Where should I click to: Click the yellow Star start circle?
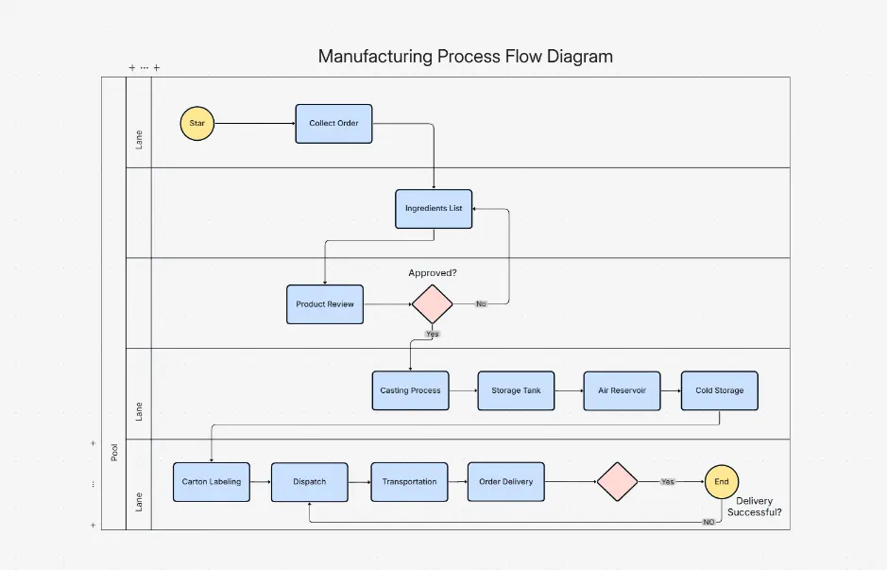(x=197, y=123)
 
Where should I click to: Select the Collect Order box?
(x=333, y=124)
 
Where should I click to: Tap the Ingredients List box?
(x=434, y=208)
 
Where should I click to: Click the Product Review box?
(x=325, y=304)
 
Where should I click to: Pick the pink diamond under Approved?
(x=433, y=304)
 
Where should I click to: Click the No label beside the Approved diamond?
(x=481, y=304)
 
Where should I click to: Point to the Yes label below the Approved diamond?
(x=433, y=334)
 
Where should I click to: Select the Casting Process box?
(x=410, y=390)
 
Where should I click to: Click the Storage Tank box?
(x=516, y=390)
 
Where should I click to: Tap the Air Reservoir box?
(x=622, y=390)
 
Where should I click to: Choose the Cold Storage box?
(x=719, y=390)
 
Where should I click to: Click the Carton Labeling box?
(x=212, y=481)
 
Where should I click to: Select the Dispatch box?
(x=309, y=481)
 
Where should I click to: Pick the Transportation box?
(x=409, y=481)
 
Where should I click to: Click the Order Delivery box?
(x=505, y=481)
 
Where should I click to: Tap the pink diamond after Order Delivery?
(x=618, y=481)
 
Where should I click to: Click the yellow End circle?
(x=722, y=481)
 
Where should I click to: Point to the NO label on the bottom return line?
(x=708, y=522)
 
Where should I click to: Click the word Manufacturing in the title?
(x=375, y=56)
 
